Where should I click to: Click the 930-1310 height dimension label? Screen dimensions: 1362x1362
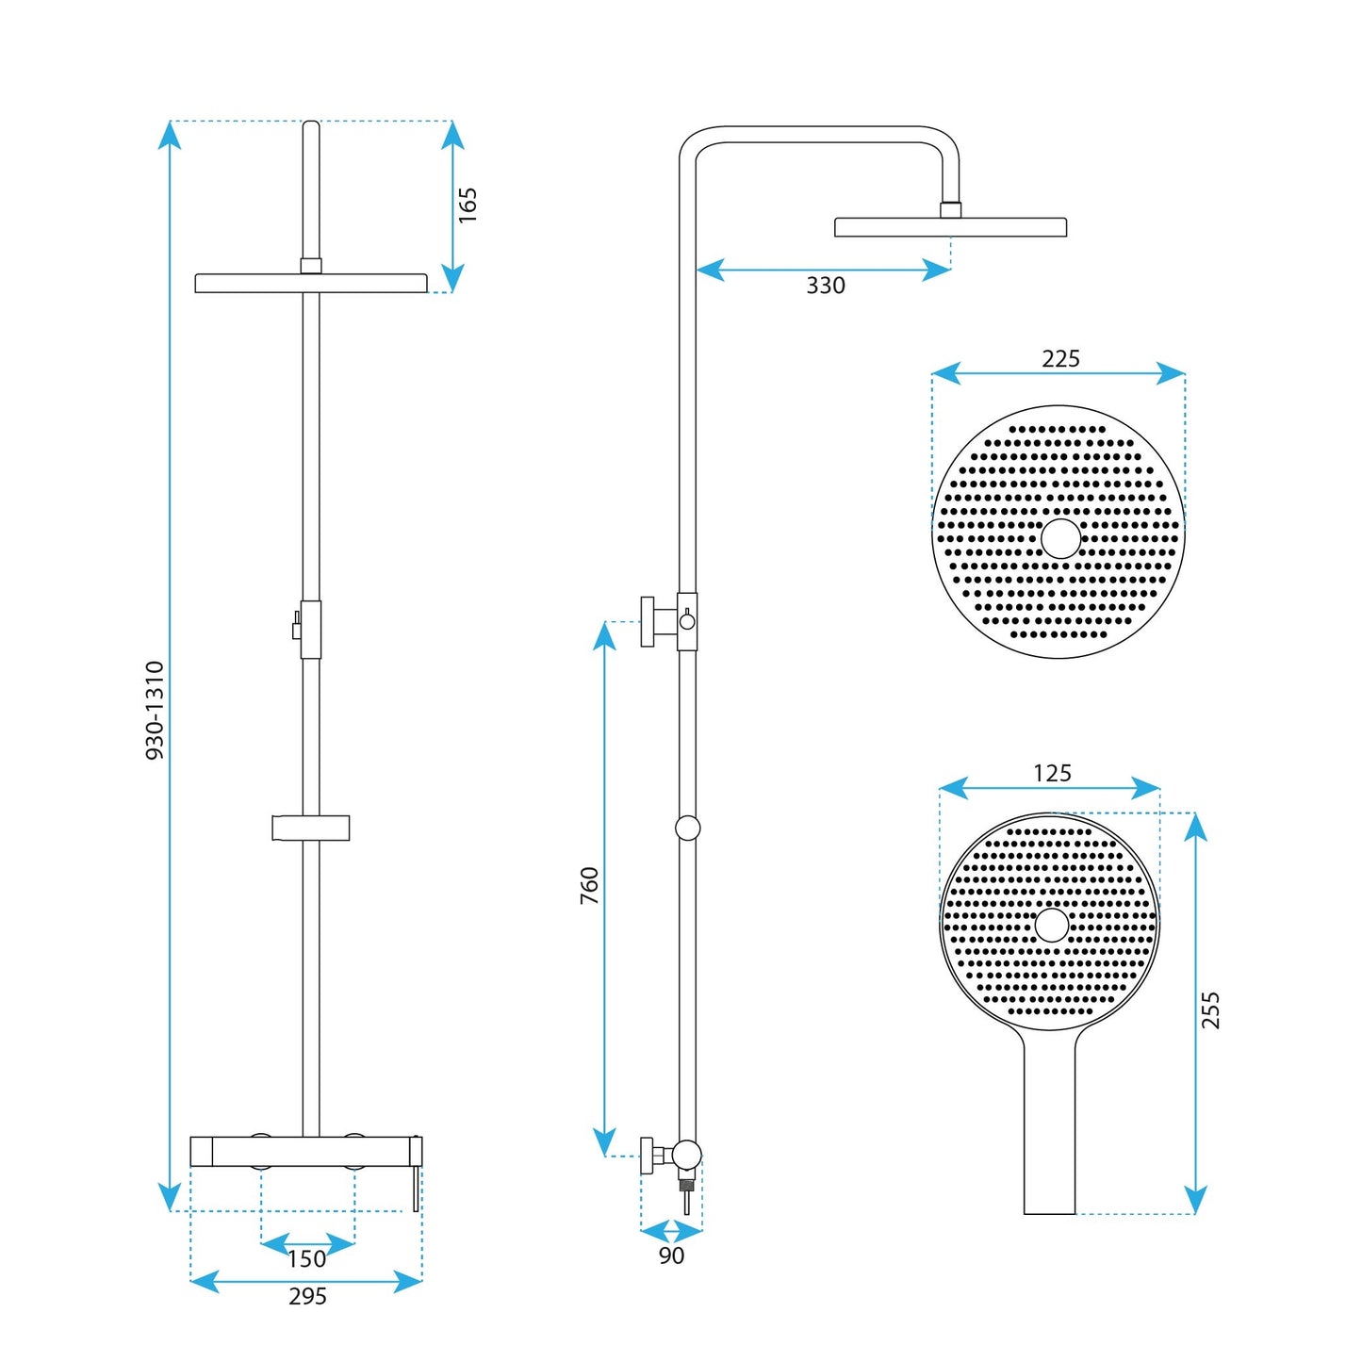point(156,710)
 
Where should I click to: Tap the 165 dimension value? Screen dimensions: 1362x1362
point(468,205)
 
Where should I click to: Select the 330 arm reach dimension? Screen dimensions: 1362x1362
point(825,286)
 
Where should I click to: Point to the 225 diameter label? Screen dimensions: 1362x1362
point(1060,359)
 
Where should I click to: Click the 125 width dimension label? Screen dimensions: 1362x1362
point(1052,774)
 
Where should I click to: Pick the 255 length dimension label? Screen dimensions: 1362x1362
point(1211,1009)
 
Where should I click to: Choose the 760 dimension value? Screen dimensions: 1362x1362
point(589,886)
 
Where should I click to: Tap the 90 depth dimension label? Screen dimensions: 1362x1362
point(671,1255)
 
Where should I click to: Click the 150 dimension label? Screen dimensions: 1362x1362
point(306,1259)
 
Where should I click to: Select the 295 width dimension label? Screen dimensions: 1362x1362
point(307,1297)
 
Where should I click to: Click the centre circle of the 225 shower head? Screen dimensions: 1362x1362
point(1060,538)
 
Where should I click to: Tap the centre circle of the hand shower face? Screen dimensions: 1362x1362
point(1051,926)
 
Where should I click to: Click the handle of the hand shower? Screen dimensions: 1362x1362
point(1049,1131)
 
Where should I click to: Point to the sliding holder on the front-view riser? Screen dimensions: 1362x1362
point(310,828)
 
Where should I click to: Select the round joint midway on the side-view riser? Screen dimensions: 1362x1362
point(688,828)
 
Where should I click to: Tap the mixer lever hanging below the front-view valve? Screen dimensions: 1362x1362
point(416,1189)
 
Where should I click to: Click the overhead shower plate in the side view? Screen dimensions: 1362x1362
point(950,227)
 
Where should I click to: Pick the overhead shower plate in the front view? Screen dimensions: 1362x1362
point(311,283)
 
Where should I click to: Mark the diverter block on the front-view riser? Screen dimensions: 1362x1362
point(310,629)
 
